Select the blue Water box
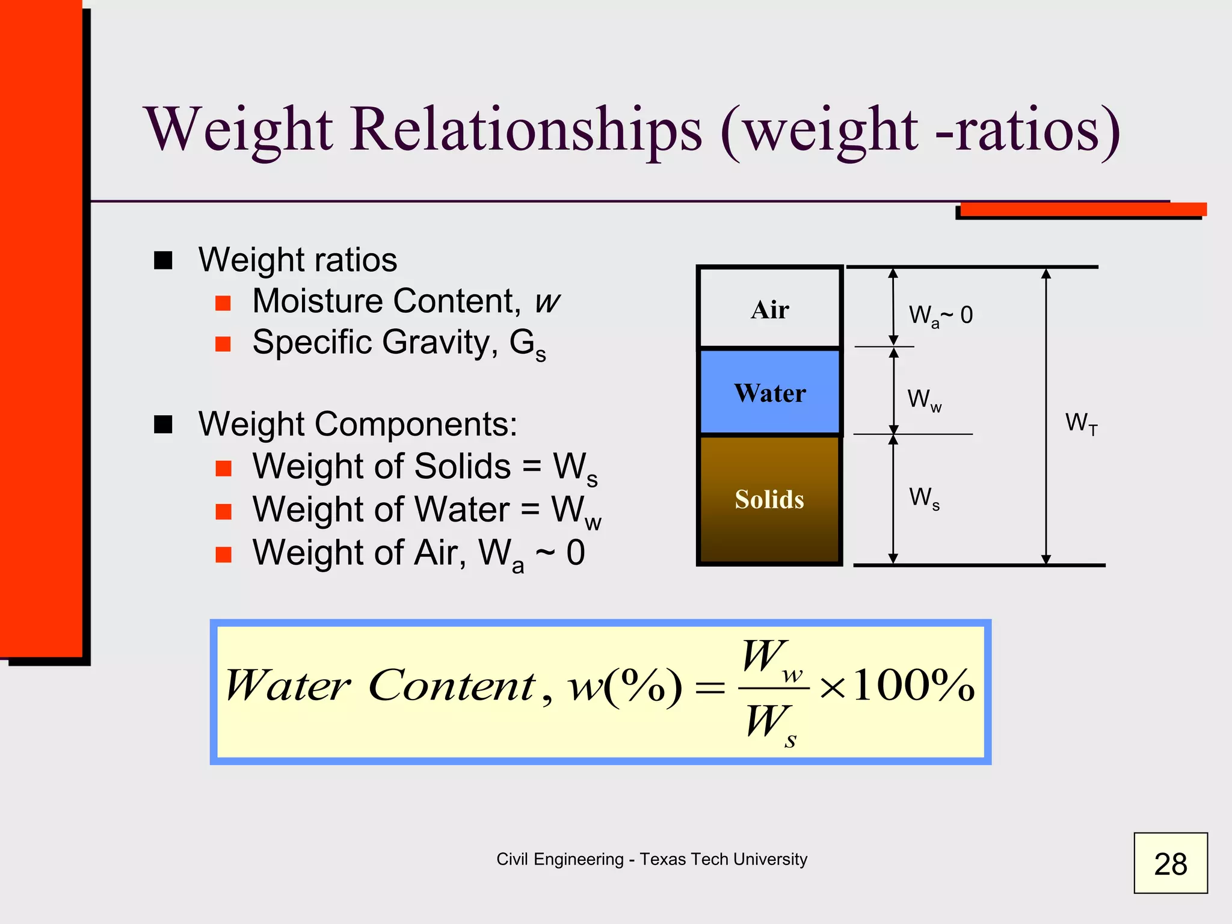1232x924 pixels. coord(769,392)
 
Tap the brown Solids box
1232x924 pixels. coord(769,499)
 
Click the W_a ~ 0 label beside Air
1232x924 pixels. coord(940,315)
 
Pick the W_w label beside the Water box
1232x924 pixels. coord(924,399)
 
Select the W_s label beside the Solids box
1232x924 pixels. coord(924,498)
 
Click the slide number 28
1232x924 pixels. coord(1170,864)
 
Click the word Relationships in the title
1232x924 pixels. coord(526,130)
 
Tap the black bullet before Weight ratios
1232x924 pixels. coord(163,260)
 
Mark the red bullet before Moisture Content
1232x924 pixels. coord(223,303)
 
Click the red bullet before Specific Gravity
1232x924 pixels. coord(223,343)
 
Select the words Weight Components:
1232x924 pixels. coord(358,424)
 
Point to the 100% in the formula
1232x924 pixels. coord(913,686)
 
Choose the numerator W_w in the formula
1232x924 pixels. coord(771,658)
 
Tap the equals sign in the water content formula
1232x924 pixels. coord(710,688)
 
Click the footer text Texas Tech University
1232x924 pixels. coord(723,859)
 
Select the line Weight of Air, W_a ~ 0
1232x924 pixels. coord(418,553)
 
